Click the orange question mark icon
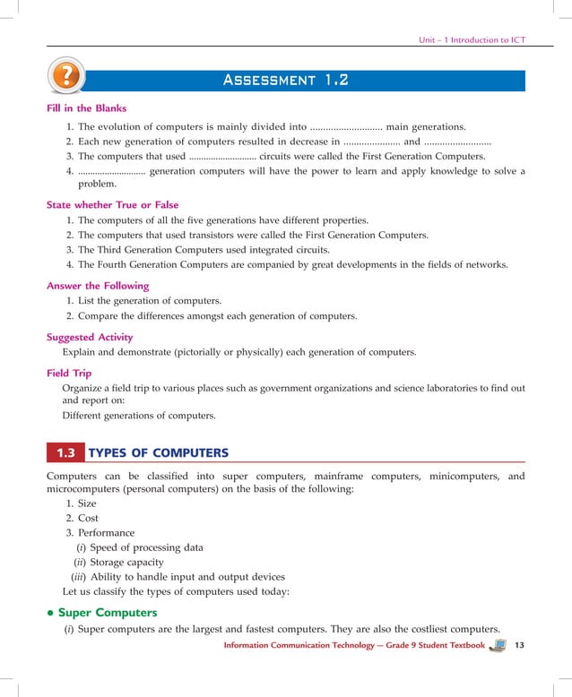click(x=65, y=78)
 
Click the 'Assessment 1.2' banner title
click(x=285, y=81)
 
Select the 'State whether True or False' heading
click(x=112, y=204)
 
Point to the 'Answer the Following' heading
click(x=97, y=286)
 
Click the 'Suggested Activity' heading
click(x=90, y=337)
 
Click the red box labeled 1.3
click(x=65, y=452)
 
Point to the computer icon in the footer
click(x=498, y=645)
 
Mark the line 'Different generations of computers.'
click(x=139, y=416)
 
